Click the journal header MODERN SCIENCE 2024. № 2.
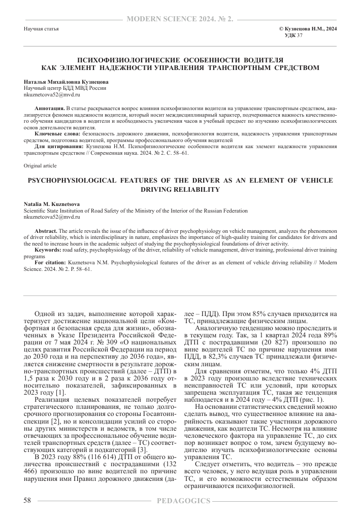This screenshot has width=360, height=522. [180, 19]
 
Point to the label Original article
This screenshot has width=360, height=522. [41, 166]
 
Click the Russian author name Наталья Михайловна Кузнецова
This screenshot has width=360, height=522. [66, 82]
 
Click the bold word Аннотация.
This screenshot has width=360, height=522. [49, 109]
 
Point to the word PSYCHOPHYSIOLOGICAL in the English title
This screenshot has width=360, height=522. [72, 181]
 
